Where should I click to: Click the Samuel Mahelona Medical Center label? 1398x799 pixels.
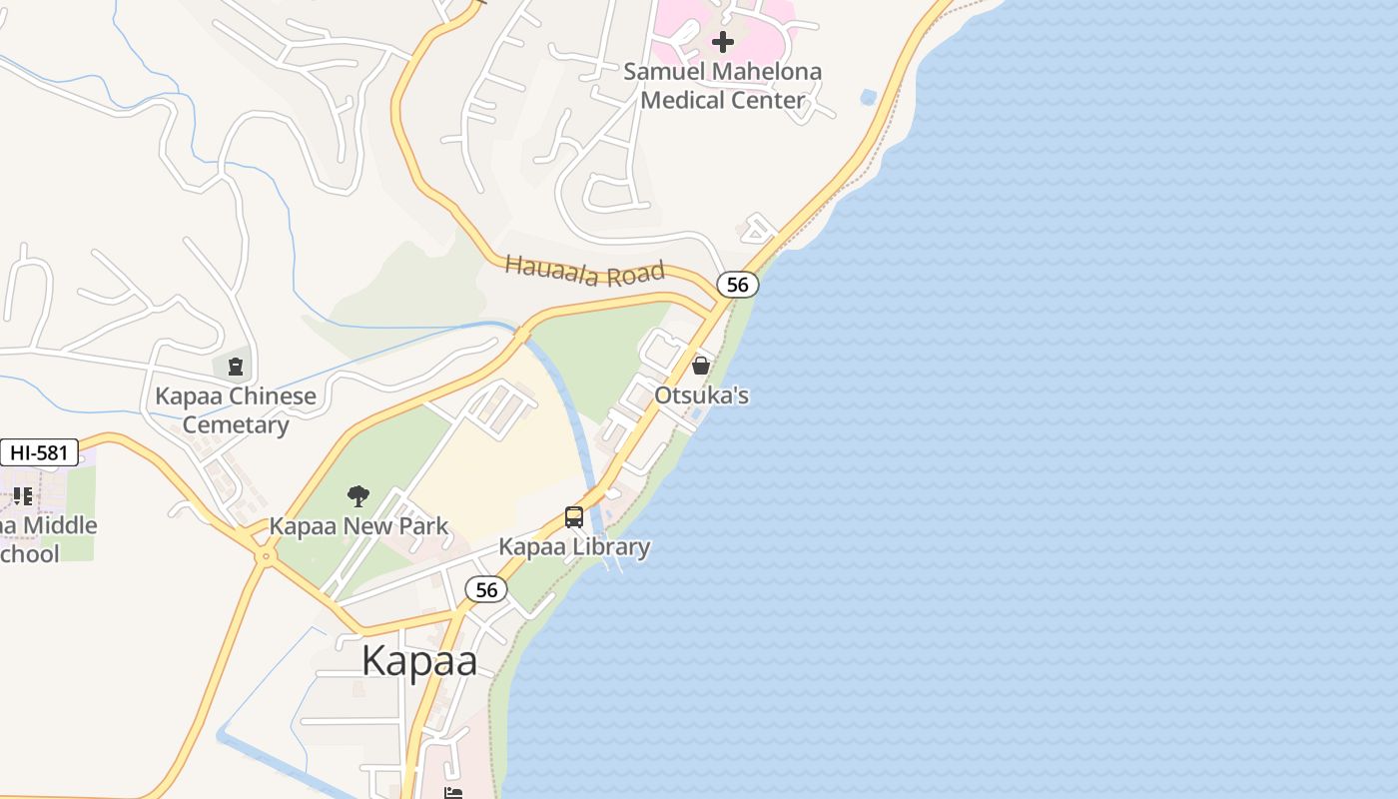(722, 86)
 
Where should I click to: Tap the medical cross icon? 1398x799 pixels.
(723, 42)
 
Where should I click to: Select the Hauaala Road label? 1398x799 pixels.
(584, 270)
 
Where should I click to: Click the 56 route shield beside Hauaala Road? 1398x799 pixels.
(738, 285)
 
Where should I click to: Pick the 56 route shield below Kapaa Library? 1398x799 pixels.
(486, 590)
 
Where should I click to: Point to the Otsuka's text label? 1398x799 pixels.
(701, 396)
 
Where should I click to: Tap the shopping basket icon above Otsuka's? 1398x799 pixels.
(701, 366)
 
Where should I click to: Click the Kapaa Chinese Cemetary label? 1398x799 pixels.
(236, 410)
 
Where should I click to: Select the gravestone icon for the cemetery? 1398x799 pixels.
(236, 367)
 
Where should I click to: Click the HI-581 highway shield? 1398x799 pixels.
(39, 452)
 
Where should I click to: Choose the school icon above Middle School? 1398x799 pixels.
(23, 496)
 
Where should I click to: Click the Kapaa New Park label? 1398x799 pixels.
(358, 526)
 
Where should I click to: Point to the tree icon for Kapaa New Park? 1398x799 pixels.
(358, 495)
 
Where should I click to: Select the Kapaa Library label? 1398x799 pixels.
(574, 547)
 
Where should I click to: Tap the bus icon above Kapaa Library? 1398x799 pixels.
(574, 517)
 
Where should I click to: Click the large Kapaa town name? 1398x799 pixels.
(419, 661)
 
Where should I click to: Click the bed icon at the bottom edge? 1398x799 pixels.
(453, 793)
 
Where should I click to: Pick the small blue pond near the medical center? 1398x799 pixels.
(868, 98)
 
